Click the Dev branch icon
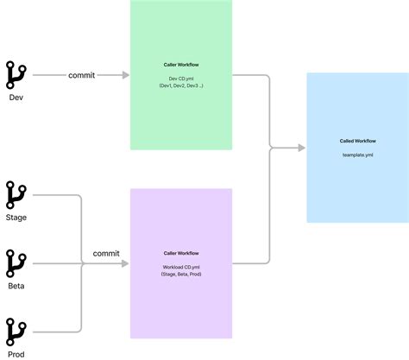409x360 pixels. (x=16, y=75)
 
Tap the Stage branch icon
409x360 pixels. (x=16, y=195)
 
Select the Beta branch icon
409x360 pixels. (x=16, y=263)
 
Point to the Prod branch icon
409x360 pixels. (x=16, y=332)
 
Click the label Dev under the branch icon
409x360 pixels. (x=16, y=97)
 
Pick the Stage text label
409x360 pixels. (x=16, y=218)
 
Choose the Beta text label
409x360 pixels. (x=16, y=286)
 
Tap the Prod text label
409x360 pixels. (x=16, y=354)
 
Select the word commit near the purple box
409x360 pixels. (x=106, y=254)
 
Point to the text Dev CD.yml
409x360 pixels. (x=181, y=79)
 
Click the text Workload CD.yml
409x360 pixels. (x=181, y=267)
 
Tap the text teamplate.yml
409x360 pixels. (x=358, y=155)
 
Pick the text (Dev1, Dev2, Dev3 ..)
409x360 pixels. (x=181, y=86)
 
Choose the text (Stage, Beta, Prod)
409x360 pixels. (x=181, y=275)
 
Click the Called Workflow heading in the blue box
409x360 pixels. (x=358, y=140)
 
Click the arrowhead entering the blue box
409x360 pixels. (x=302, y=148)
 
